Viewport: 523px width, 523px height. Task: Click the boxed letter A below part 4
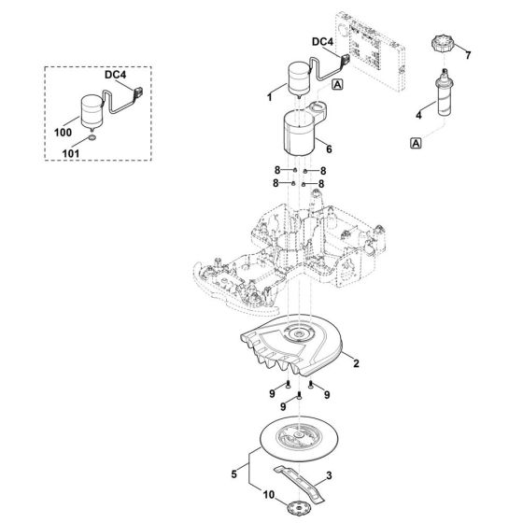[414, 142]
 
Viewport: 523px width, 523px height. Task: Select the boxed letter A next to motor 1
[337, 85]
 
